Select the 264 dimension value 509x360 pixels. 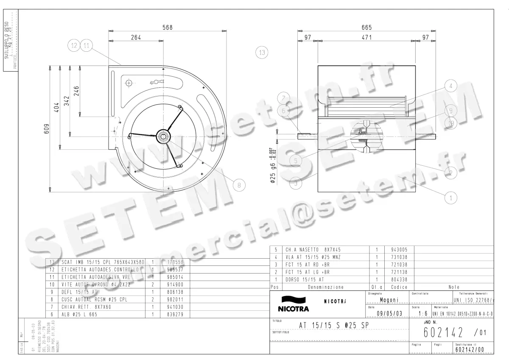click(135, 37)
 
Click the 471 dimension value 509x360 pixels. click(367, 37)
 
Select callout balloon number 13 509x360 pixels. click(262, 53)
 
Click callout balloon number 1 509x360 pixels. click(450, 197)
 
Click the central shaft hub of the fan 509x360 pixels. click(163, 136)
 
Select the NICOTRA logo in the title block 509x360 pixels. click(293, 304)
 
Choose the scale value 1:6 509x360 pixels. click(422, 313)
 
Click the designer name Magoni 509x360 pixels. click(389, 300)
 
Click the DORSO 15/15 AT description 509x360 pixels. click(305, 279)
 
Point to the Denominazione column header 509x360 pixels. click(326, 287)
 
